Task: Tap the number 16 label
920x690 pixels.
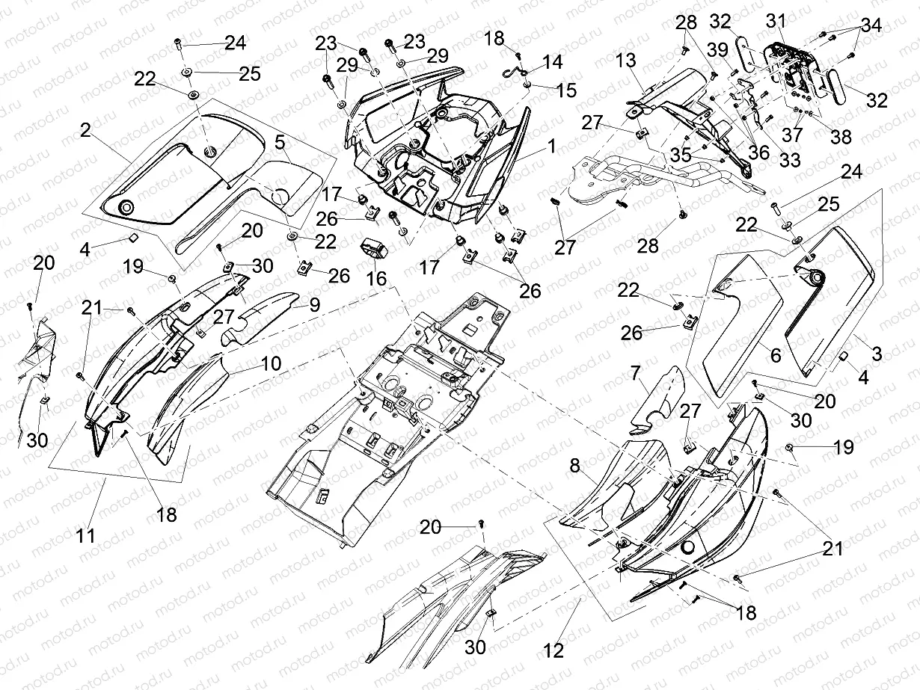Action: (x=376, y=280)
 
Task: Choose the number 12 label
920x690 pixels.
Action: (x=553, y=651)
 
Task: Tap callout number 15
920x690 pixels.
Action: (x=566, y=90)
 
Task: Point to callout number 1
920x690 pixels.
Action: (x=551, y=147)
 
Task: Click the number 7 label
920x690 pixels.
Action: (x=635, y=372)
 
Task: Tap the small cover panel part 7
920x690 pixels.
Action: (x=657, y=400)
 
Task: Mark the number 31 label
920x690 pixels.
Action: (x=776, y=23)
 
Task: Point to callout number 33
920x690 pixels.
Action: (x=789, y=160)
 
